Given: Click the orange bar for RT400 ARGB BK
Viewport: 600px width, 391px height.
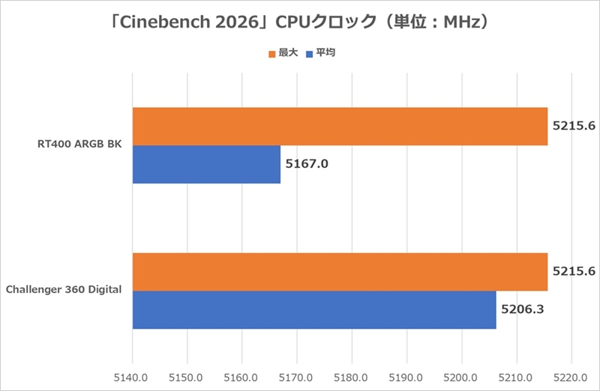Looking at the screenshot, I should point(340,127).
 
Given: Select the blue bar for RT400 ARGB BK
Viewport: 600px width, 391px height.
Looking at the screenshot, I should point(206,164).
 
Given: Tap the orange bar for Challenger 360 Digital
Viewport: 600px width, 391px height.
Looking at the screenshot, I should point(340,272).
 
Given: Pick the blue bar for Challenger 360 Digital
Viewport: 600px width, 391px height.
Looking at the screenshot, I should point(314,309).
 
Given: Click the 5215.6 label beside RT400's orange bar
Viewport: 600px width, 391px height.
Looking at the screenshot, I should point(574,126).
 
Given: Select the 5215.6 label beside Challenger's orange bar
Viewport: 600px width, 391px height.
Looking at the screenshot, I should point(574,271).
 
